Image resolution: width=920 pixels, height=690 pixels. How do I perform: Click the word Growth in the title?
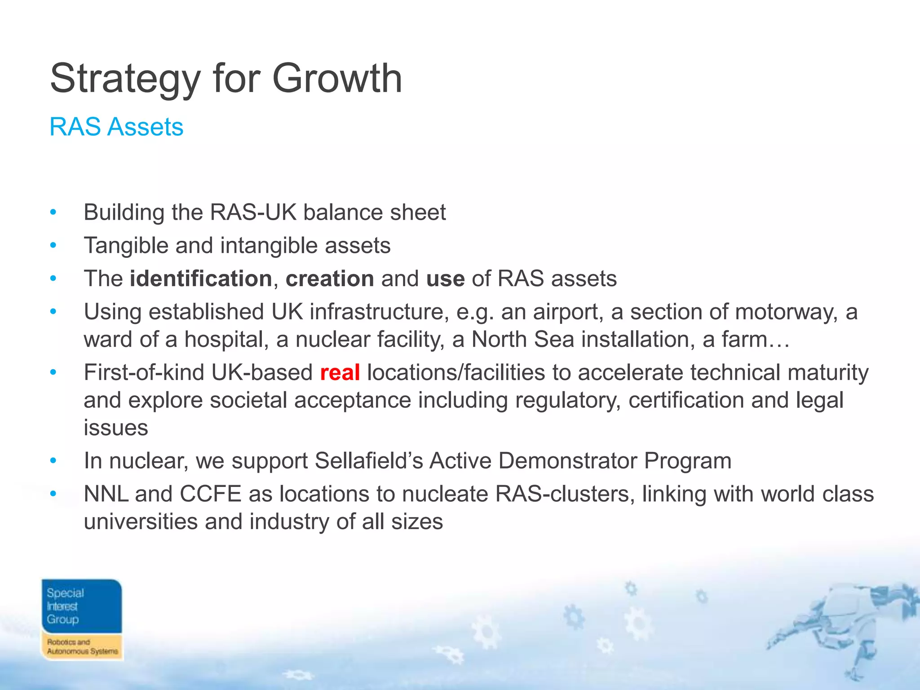(x=337, y=79)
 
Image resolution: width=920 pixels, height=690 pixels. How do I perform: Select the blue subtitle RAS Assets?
(x=116, y=127)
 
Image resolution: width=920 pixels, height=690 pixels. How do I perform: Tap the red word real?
(x=340, y=373)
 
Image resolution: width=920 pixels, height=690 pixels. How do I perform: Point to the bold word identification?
(x=201, y=279)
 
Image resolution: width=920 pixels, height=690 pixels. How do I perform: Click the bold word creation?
(x=330, y=279)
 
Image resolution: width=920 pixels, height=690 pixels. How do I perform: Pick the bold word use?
(x=445, y=279)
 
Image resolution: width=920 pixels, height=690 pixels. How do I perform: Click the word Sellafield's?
(x=369, y=461)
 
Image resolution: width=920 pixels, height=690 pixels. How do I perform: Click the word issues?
(x=115, y=428)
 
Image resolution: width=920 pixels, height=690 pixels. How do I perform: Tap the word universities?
(x=141, y=522)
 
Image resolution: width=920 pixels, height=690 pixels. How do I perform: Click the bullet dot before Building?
(x=53, y=212)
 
